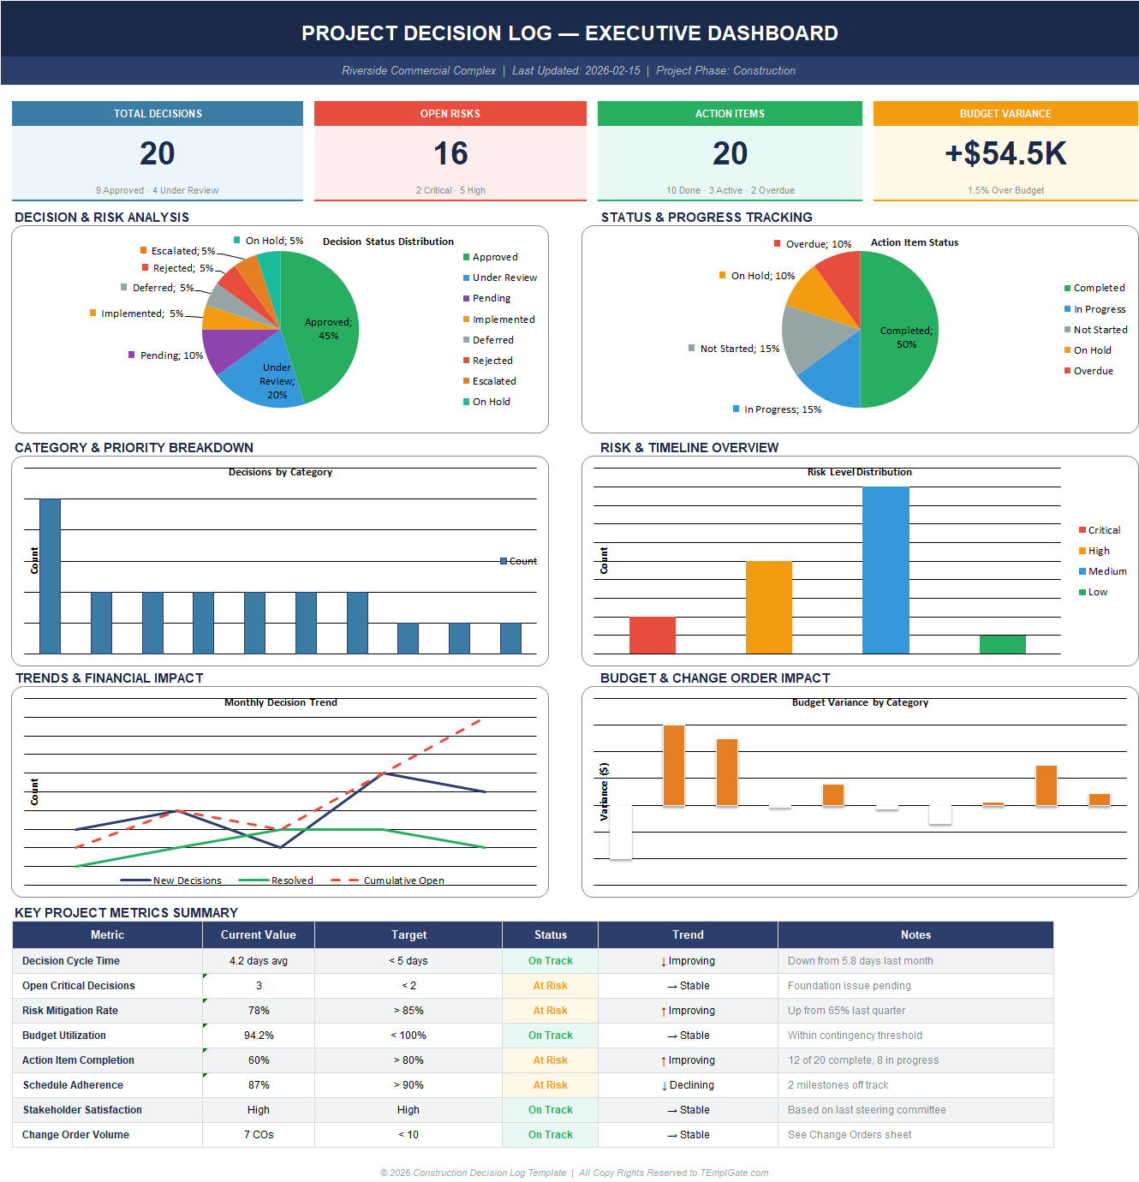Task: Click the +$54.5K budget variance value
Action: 1005,154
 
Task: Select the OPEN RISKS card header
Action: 450,114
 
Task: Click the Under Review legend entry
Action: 504,278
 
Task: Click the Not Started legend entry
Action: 1099,330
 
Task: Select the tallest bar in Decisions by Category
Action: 51,576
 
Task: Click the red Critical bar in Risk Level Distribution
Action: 652,635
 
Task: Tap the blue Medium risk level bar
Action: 886,570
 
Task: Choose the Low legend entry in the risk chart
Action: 1096,592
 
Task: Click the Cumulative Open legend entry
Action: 403,881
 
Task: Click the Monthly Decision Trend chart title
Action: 280,702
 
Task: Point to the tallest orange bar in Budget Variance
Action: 674,765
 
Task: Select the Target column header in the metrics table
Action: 408,935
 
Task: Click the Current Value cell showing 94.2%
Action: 259,1036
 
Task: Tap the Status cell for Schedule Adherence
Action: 550,1085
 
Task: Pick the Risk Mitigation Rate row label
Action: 70,1011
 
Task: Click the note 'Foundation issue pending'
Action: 849,986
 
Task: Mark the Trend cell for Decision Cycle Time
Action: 688,961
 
